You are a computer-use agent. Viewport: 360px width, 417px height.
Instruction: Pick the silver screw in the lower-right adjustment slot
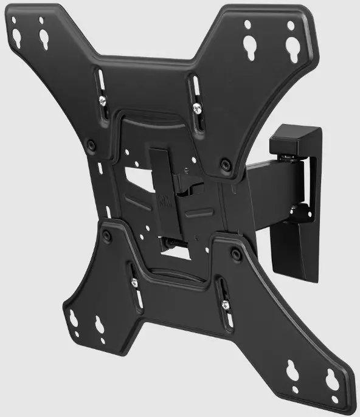(x=224, y=305)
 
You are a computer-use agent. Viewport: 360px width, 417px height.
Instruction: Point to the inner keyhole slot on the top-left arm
(x=44, y=36)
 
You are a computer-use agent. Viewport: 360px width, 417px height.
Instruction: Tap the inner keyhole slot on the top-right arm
(x=248, y=44)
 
